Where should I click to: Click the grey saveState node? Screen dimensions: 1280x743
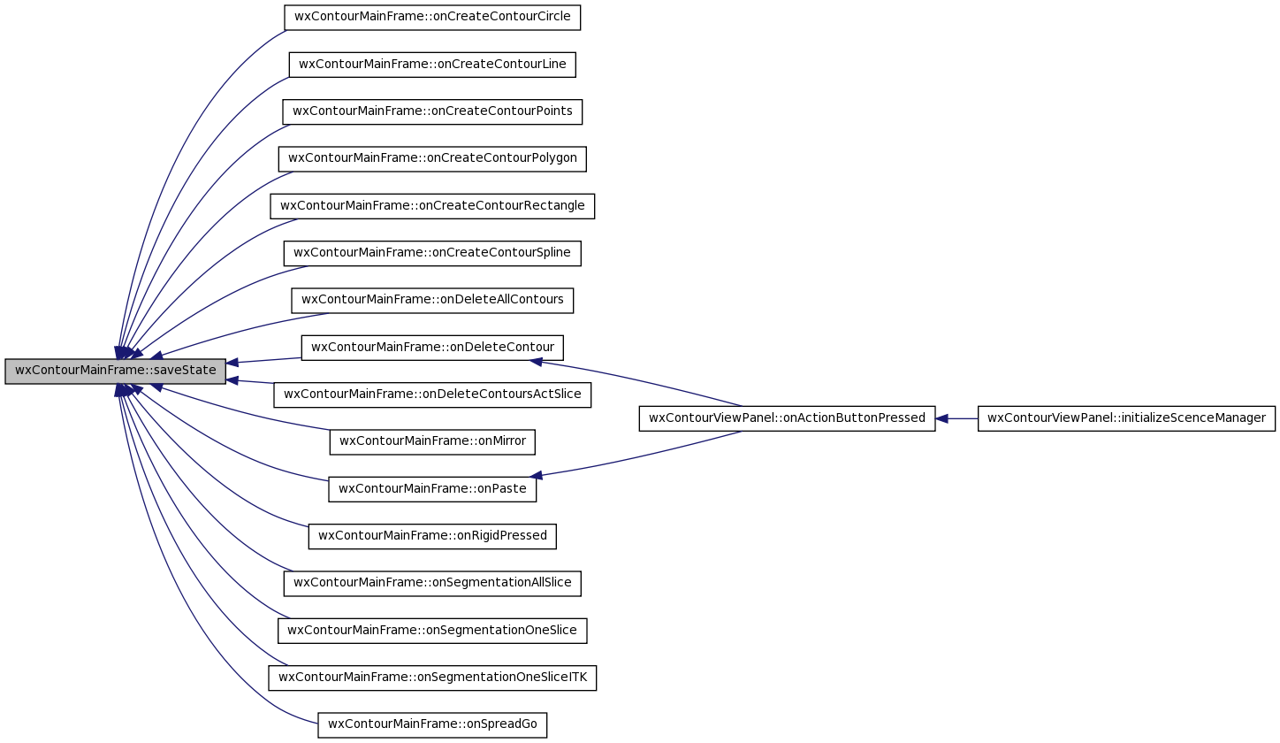(x=116, y=371)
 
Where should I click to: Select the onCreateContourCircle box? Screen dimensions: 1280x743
(x=432, y=17)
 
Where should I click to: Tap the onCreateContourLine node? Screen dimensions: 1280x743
(x=432, y=65)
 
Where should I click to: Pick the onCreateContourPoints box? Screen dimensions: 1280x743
(x=432, y=111)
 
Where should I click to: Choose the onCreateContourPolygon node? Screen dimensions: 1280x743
(x=432, y=158)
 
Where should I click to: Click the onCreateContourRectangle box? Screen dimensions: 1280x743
(x=432, y=206)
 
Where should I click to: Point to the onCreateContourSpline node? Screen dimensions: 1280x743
(x=432, y=253)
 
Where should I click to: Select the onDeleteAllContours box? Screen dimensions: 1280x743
(x=432, y=300)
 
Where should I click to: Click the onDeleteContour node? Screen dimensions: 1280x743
(x=432, y=348)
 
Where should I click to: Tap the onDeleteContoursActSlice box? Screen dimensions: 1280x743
(x=432, y=394)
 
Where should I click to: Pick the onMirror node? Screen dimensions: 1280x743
(x=432, y=442)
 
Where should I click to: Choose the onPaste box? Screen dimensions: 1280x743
(x=432, y=489)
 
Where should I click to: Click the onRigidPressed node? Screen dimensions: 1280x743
(x=432, y=536)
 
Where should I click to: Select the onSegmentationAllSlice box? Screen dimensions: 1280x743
(x=432, y=584)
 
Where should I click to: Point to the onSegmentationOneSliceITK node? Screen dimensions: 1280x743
(x=432, y=678)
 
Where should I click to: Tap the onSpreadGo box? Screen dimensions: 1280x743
(x=432, y=724)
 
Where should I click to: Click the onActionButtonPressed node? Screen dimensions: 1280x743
(x=787, y=418)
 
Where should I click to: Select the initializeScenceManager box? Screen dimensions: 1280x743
(x=1126, y=418)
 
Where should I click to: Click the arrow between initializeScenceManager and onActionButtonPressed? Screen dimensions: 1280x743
(x=956, y=418)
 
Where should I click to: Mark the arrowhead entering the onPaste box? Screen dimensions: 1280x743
(x=536, y=475)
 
